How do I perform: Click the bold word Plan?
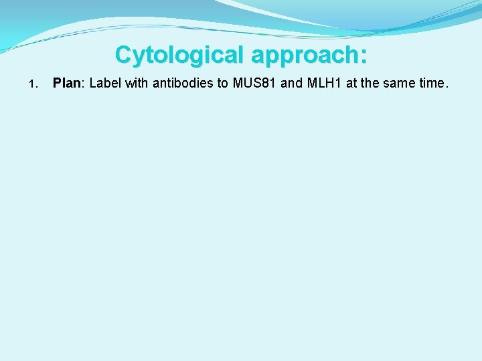[66, 84]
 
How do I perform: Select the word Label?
[104, 84]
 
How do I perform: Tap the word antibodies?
[180, 84]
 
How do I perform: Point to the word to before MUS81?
[222, 84]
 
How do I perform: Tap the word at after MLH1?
[351, 84]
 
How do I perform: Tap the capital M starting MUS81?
[237, 84]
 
